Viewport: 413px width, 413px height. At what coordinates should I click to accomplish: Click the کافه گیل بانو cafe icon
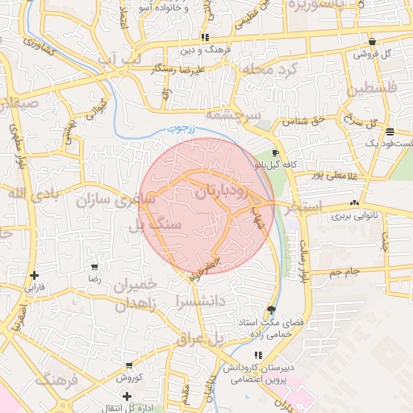pos(276,152)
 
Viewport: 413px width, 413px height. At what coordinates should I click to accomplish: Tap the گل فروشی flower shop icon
pos(371,41)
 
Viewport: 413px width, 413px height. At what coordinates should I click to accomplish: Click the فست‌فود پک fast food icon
pos(390,131)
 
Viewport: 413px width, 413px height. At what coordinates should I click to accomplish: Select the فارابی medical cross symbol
pos(34,276)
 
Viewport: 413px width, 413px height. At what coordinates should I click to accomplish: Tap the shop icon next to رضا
pos(94,266)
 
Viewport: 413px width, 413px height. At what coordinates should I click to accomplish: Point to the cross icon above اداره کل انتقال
pos(127,395)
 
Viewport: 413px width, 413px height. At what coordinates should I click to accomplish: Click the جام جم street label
pos(347,273)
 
